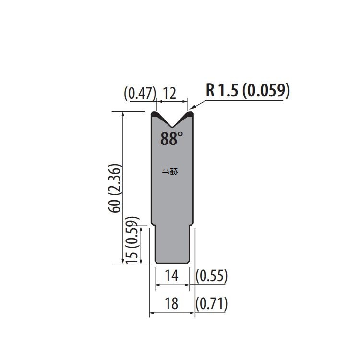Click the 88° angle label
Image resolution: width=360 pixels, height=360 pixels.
point(171,139)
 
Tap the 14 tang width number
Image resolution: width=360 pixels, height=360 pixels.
point(171,276)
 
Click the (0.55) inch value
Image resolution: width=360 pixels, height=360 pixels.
point(212,276)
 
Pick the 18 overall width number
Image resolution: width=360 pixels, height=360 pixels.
point(171,303)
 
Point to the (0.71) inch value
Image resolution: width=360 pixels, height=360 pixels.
point(212,303)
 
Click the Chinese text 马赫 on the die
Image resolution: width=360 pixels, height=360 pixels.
point(170,171)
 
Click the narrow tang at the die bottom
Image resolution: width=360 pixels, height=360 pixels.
point(172,245)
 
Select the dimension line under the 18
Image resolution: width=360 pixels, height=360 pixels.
point(172,313)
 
